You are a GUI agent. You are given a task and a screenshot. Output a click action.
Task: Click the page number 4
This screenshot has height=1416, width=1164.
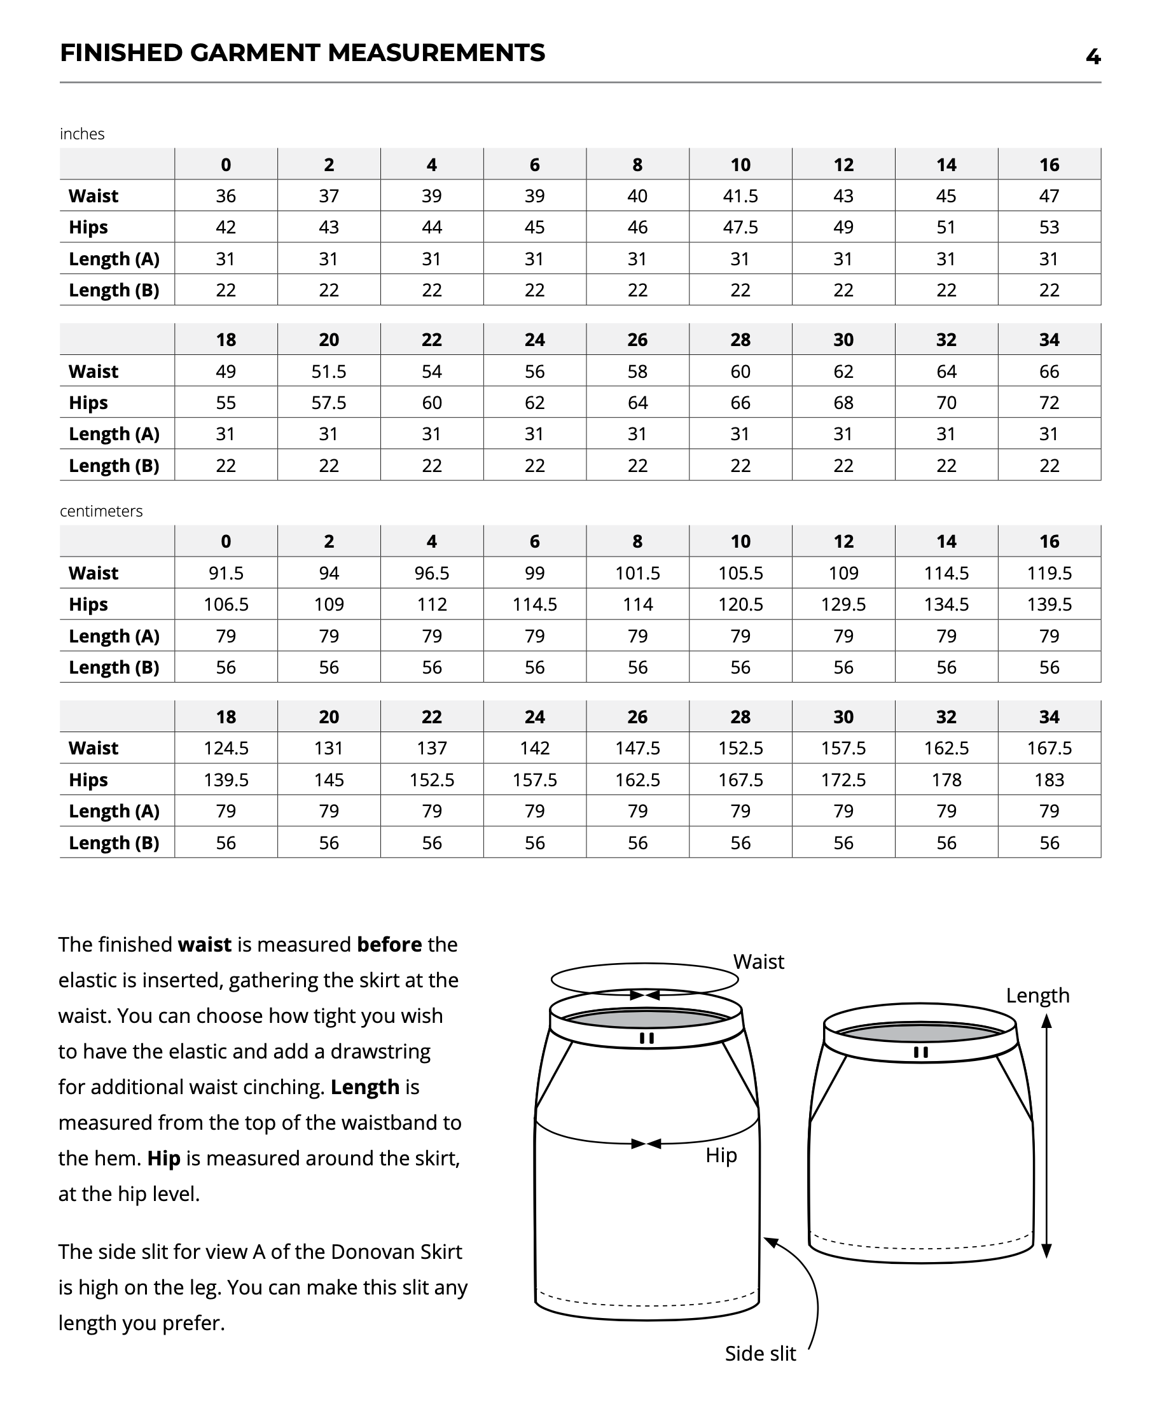pyautogui.click(x=1092, y=57)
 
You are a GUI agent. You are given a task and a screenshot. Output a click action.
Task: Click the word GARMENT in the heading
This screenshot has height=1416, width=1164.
pyautogui.click(x=255, y=53)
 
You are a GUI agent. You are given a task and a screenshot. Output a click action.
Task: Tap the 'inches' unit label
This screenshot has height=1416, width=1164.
pyautogui.click(x=82, y=134)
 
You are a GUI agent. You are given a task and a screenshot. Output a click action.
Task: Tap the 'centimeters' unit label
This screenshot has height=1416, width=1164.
pyautogui.click(x=100, y=511)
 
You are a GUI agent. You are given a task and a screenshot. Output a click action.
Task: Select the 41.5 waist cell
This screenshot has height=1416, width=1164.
pyautogui.click(x=740, y=196)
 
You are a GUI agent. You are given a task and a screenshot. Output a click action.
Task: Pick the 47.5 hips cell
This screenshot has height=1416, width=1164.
pyautogui.click(x=740, y=227)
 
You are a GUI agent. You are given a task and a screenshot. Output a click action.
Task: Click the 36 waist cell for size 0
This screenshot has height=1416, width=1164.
pyautogui.click(x=225, y=196)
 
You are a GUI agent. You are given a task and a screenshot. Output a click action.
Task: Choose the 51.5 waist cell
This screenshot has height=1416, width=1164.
pyautogui.click(x=329, y=371)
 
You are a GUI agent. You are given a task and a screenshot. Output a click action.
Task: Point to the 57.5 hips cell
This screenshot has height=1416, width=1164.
pyautogui.click(x=329, y=403)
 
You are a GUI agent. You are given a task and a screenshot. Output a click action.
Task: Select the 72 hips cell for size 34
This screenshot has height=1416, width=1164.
pyautogui.click(x=1049, y=403)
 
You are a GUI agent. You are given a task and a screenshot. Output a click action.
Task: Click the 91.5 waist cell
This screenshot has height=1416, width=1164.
pyautogui.click(x=225, y=573)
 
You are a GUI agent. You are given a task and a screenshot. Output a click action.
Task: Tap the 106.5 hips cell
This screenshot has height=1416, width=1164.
pyautogui.click(x=225, y=605)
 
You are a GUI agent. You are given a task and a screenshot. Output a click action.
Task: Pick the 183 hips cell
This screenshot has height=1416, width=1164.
pyautogui.click(x=1049, y=780)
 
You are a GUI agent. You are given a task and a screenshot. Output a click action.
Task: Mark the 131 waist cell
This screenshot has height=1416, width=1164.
pyautogui.click(x=329, y=748)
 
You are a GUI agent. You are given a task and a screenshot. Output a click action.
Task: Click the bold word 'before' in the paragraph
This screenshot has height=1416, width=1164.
pyautogui.click(x=389, y=945)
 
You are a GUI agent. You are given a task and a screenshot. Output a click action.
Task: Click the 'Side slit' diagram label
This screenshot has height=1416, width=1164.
pyautogui.click(x=759, y=1354)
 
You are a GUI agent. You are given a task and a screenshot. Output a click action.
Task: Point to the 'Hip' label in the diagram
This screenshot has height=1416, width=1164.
pyautogui.click(x=721, y=1155)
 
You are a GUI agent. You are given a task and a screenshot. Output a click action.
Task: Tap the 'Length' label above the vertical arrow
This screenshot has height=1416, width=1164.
pyautogui.click(x=1037, y=996)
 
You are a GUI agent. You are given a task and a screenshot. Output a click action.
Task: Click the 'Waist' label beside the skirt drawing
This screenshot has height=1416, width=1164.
pyautogui.click(x=758, y=962)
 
